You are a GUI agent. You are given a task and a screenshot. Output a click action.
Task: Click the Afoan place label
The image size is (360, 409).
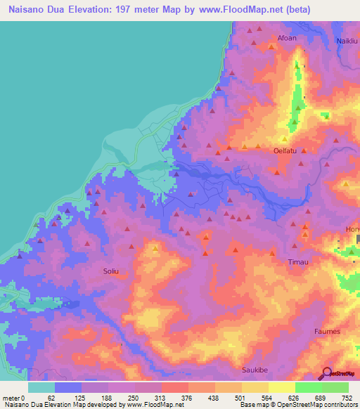coord(287,38)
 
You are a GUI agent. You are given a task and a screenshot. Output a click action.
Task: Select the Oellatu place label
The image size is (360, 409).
coord(284,150)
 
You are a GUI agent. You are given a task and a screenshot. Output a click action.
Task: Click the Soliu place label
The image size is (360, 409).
coord(113,268)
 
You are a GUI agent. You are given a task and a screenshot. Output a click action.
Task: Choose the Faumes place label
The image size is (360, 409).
coord(328,331)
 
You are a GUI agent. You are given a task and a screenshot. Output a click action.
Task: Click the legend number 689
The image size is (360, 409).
coord(320,398)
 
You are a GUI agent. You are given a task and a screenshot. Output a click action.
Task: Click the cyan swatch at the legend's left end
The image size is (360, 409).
coord(41,387)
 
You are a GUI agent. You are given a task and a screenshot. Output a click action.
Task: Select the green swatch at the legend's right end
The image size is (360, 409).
coord(335,387)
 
